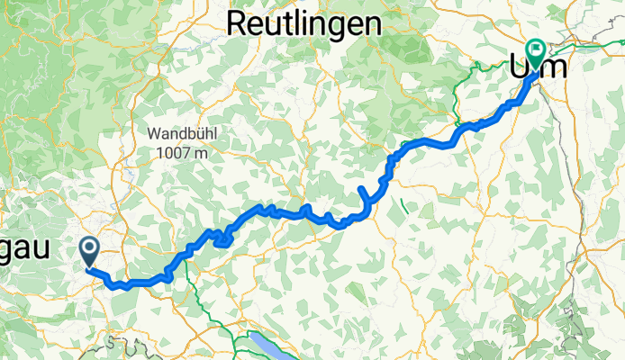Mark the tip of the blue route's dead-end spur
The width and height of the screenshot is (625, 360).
point(360,187)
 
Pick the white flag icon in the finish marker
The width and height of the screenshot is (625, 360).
point(538,50)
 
